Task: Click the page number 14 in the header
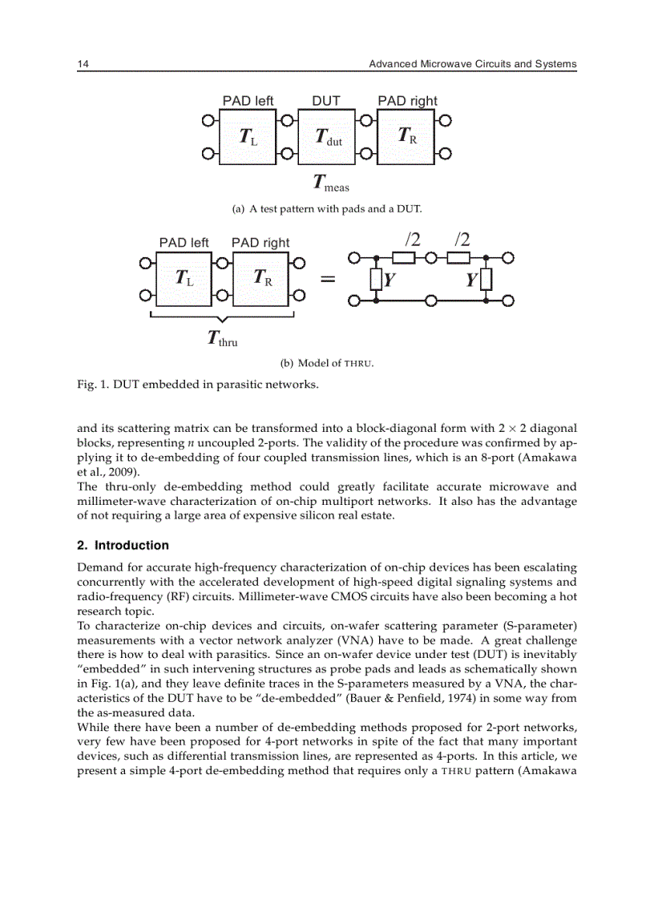pyautogui.click(x=83, y=64)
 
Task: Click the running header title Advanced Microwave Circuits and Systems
pyautogui.click(x=472, y=64)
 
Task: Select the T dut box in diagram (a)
pyautogui.click(x=328, y=137)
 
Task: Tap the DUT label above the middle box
pyautogui.click(x=325, y=101)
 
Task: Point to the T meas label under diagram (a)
pyautogui.click(x=330, y=184)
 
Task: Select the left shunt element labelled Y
pyautogui.click(x=376, y=280)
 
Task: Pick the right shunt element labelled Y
pyautogui.click(x=485, y=280)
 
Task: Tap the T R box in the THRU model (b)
pyautogui.click(x=262, y=278)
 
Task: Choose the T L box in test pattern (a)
pyautogui.click(x=248, y=137)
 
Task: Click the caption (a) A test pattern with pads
pyautogui.click(x=326, y=209)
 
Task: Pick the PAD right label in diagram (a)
pyautogui.click(x=407, y=101)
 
